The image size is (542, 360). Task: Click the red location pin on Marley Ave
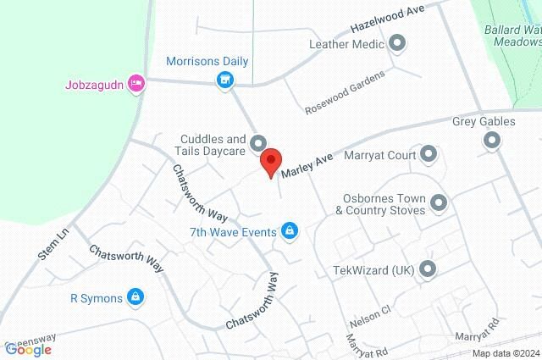270,161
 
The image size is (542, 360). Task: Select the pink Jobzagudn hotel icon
135,83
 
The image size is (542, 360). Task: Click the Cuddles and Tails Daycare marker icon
258,142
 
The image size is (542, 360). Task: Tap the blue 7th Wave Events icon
290,231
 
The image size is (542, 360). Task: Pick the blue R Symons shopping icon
135,296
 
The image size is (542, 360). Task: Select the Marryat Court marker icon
429,154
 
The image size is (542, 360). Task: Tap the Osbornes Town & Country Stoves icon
439,202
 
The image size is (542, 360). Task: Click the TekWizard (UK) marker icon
429,270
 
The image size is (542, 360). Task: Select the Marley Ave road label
309,163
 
